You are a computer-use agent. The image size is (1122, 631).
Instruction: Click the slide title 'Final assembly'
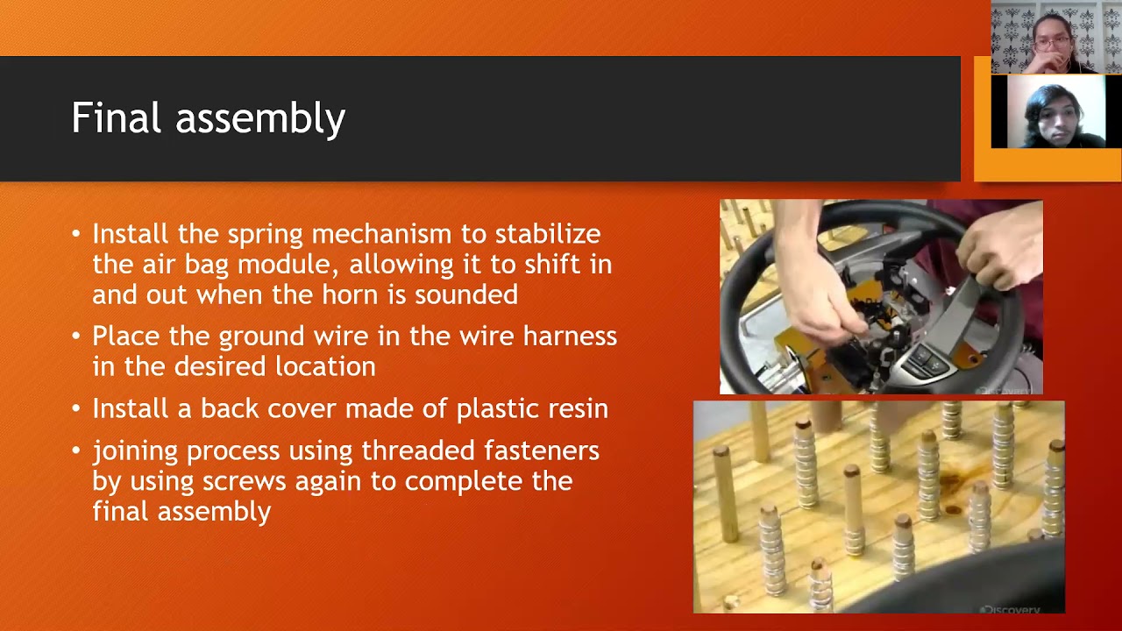click(x=208, y=118)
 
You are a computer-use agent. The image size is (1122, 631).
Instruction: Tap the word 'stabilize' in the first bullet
click(x=548, y=234)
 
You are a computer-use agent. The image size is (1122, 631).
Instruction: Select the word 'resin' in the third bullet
click(x=578, y=408)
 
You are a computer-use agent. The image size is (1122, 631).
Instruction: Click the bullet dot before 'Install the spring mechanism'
click(x=76, y=234)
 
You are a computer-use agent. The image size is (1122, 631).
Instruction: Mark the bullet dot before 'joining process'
click(x=76, y=450)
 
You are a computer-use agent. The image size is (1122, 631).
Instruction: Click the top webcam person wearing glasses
click(x=1052, y=39)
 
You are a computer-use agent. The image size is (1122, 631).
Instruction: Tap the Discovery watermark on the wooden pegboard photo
click(x=1009, y=608)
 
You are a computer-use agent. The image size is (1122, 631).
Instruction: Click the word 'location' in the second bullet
click(x=325, y=367)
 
